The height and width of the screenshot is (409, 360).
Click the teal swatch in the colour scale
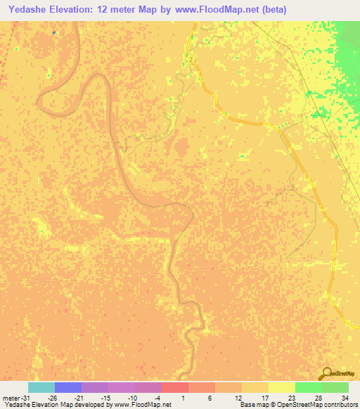coord(41,387)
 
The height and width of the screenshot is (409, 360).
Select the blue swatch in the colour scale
coord(68,387)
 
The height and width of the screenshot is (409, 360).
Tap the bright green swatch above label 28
coord(309,387)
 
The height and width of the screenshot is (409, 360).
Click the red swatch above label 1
coord(175,387)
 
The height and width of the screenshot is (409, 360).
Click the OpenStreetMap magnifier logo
coord(327,372)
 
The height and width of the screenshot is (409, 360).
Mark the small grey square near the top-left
coord(55,32)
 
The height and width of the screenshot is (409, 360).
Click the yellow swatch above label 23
coord(282,387)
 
